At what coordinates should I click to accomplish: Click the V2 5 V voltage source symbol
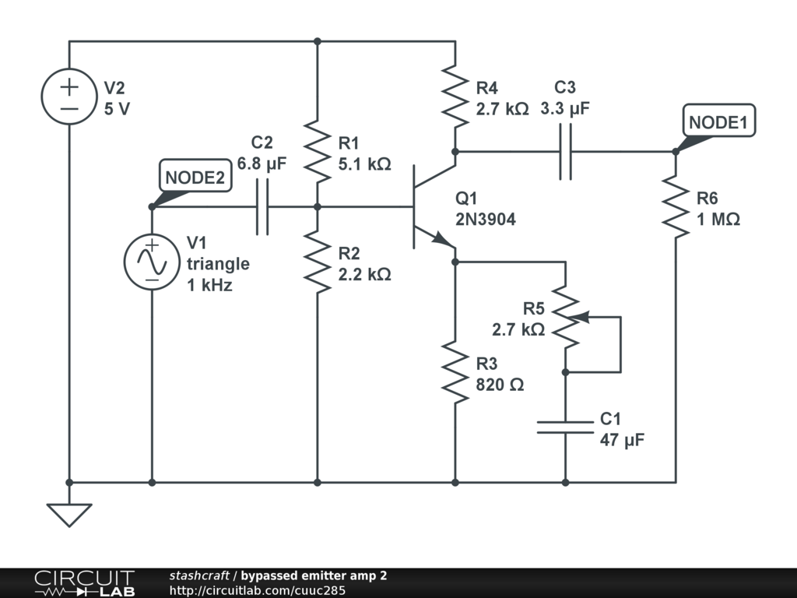(69, 96)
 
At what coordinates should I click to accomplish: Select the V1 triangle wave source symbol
(152, 262)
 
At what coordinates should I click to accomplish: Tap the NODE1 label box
(718, 121)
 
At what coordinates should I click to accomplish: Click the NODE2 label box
(195, 176)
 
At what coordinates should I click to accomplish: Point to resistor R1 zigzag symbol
(318, 152)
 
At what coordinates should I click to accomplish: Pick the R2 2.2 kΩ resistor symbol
(318, 262)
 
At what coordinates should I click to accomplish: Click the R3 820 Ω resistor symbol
(455, 372)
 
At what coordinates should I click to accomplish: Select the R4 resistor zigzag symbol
(455, 96)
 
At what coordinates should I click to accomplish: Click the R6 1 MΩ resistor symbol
(676, 206)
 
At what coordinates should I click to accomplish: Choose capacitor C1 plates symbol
(565, 427)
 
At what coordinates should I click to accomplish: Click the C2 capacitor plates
(262, 206)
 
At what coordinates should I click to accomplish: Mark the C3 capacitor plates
(565, 152)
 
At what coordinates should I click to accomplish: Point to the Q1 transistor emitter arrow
(441, 238)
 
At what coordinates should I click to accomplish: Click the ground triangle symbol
(69, 515)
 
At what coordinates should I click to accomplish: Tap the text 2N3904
(486, 219)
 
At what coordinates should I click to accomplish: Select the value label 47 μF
(622, 440)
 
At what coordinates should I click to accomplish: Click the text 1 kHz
(209, 285)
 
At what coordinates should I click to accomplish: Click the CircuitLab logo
(84, 583)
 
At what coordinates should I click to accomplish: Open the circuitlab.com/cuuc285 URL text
(257, 590)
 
